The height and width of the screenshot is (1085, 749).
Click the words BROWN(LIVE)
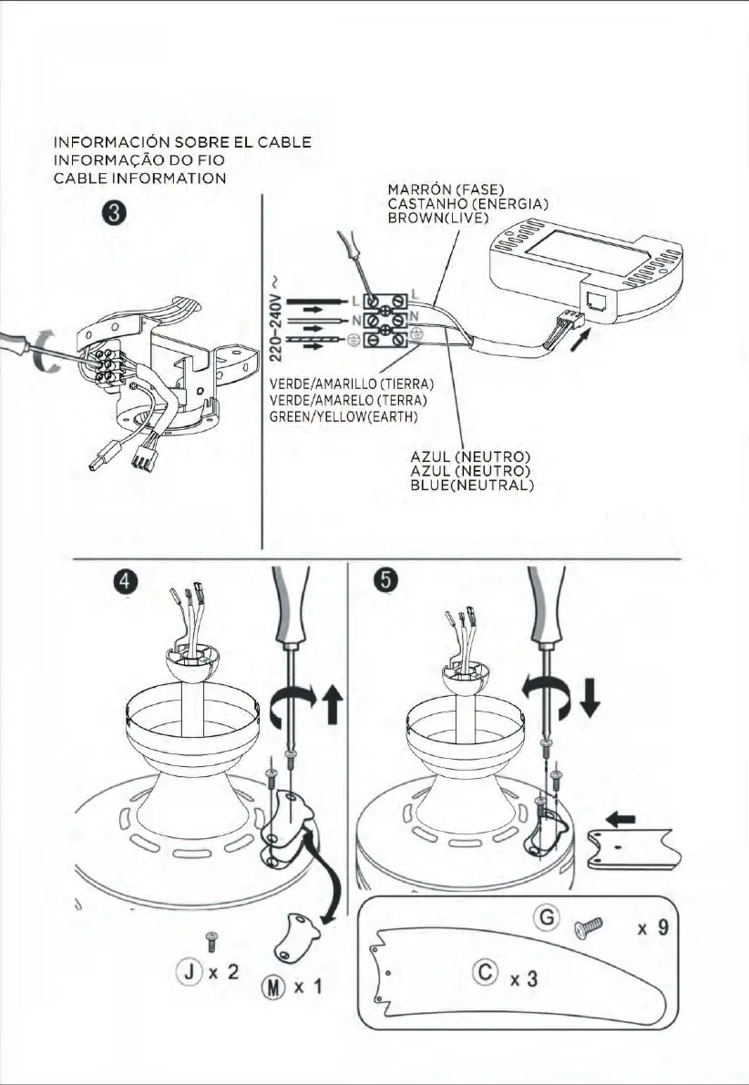[438, 219]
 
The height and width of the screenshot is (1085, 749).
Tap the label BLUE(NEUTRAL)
[471, 486]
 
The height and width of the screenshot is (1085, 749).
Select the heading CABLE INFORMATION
[139, 178]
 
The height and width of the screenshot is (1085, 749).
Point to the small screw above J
[211, 937]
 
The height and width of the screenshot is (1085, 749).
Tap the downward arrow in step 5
[589, 696]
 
